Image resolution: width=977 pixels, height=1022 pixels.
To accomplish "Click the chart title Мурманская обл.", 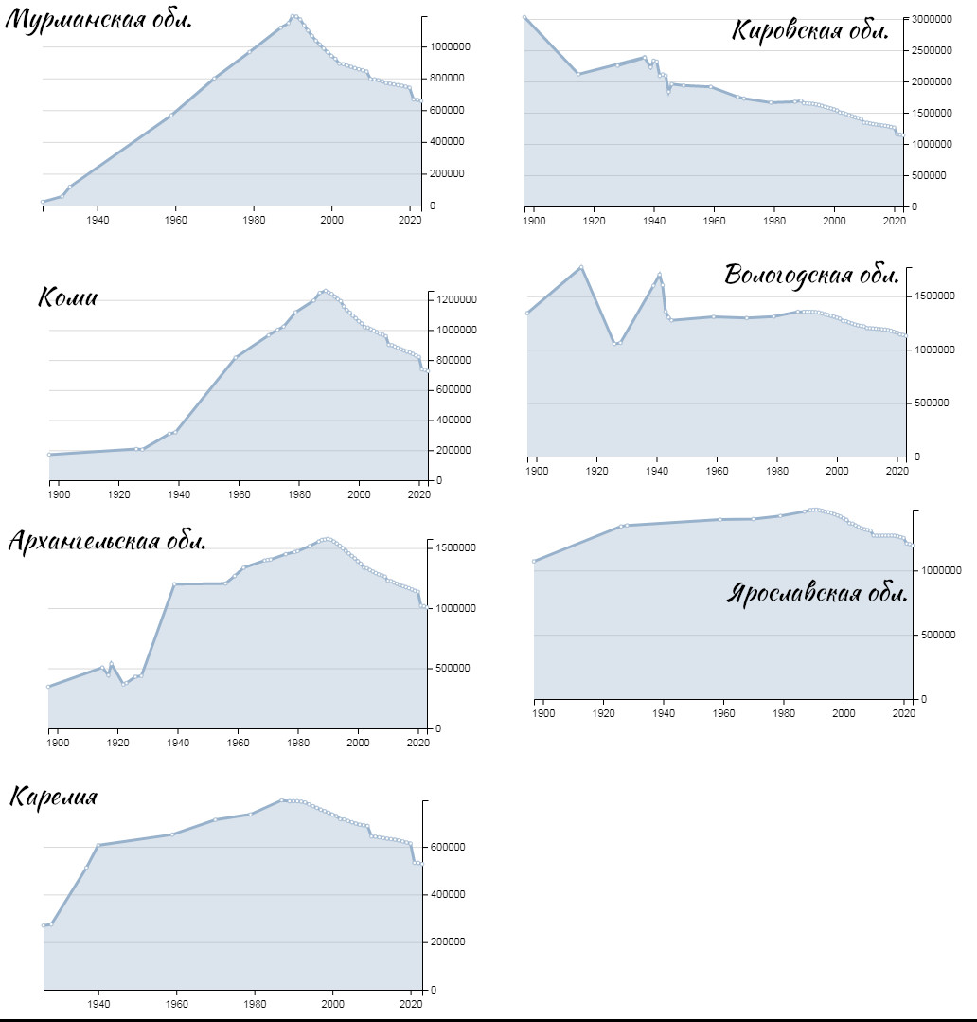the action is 98,20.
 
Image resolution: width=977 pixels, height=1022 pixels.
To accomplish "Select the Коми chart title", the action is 68,297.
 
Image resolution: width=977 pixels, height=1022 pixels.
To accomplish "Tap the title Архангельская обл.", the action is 108,541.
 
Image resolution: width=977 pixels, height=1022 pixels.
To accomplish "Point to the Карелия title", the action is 53,797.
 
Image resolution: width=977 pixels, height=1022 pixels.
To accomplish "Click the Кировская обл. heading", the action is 810,30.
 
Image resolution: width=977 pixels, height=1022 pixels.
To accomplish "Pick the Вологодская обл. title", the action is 811,275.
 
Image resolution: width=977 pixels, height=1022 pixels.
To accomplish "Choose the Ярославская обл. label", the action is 817,593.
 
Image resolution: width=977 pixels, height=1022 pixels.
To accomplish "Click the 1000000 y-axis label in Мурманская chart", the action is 450,47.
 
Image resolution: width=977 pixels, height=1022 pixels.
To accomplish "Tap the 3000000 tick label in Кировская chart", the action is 932,20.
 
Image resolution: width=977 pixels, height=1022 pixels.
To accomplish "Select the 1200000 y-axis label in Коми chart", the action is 456,300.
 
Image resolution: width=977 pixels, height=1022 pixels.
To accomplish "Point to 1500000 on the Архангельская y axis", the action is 455,547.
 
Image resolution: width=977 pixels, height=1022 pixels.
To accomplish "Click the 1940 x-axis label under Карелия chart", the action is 99,1004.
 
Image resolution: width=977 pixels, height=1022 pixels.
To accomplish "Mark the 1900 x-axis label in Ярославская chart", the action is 543,713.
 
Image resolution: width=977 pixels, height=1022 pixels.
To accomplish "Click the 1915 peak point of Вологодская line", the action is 581,267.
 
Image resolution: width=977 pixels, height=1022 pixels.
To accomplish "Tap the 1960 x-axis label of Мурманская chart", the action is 176,220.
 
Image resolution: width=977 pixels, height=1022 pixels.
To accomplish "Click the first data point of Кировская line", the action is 524,18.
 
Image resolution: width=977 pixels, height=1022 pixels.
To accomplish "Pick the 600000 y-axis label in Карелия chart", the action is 448,847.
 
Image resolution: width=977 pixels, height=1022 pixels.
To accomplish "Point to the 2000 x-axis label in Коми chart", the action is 359,494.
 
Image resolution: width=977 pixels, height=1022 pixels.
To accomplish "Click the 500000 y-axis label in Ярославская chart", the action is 938,635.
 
